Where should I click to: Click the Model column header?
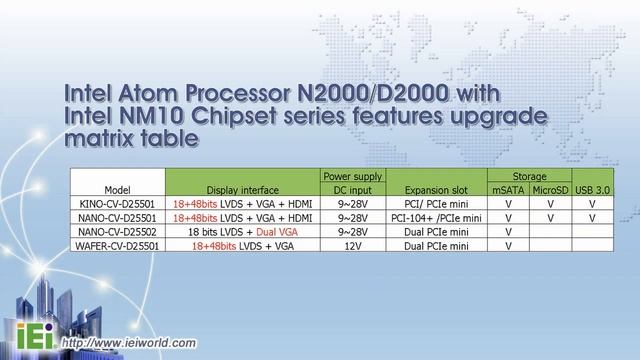(118, 188)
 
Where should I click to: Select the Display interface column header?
(243, 188)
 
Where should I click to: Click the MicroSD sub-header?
(550, 188)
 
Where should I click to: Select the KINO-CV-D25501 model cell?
(118, 201)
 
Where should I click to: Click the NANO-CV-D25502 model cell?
(118, 229)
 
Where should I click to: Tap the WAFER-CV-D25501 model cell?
(118, 243)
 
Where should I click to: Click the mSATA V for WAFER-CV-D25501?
(508, 243)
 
